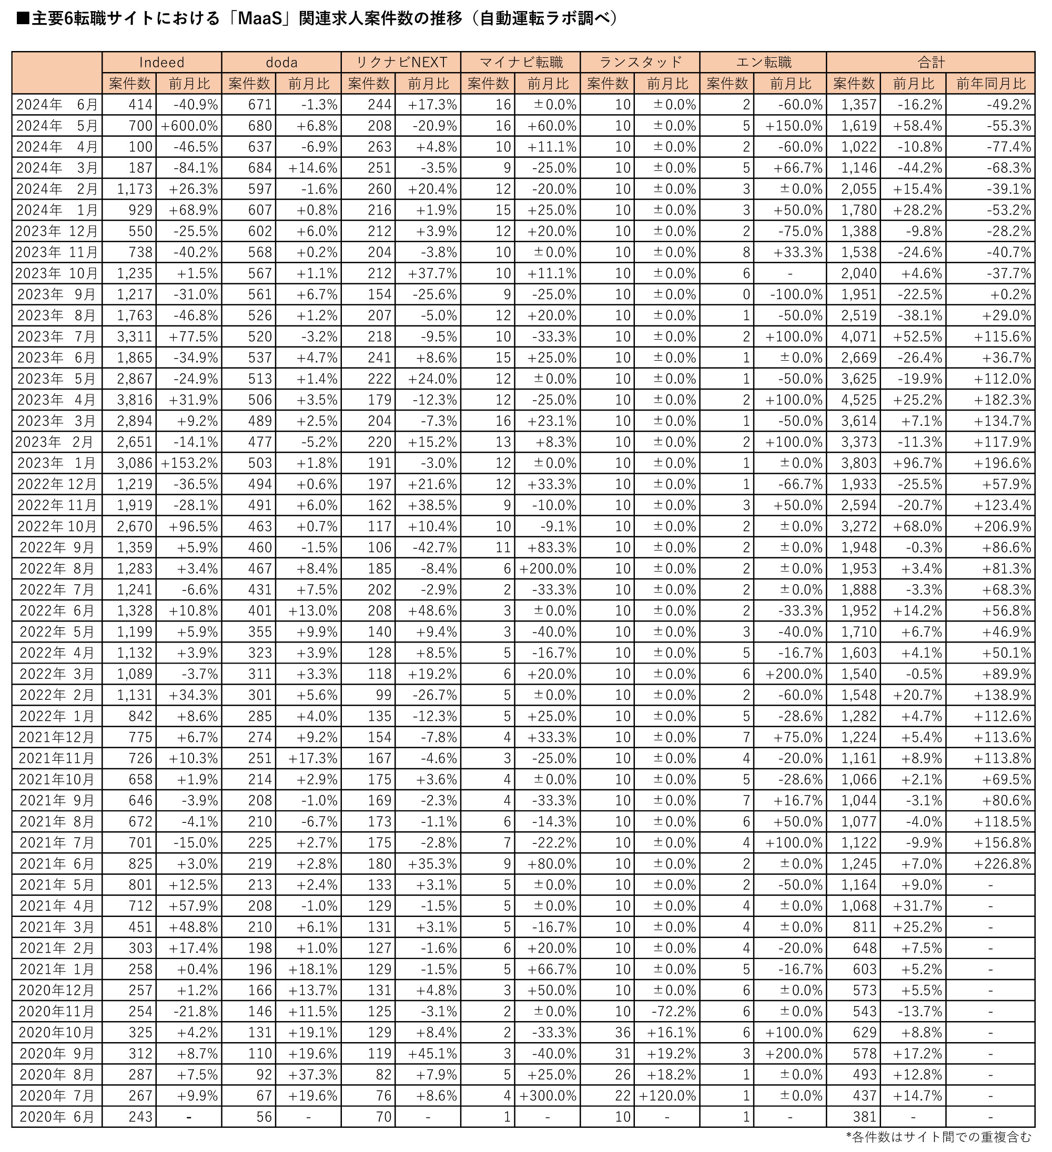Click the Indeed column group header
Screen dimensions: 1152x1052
pos(162,62)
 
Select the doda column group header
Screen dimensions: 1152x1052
pos(281,62)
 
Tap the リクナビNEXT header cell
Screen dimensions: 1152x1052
pos(401,62)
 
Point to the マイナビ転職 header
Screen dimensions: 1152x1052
pos(520,62)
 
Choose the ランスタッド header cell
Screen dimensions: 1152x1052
pos(640,62)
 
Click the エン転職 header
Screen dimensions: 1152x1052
pos(763,62)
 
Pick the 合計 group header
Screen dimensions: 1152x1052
pos(930,62)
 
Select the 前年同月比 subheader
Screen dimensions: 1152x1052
pos(990,84)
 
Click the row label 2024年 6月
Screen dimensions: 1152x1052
pos(57,105)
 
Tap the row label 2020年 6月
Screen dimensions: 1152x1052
pos(57,1117)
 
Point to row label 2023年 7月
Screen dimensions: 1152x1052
pos(57,337)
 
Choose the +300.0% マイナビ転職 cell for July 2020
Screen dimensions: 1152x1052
pos(548,1095)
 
